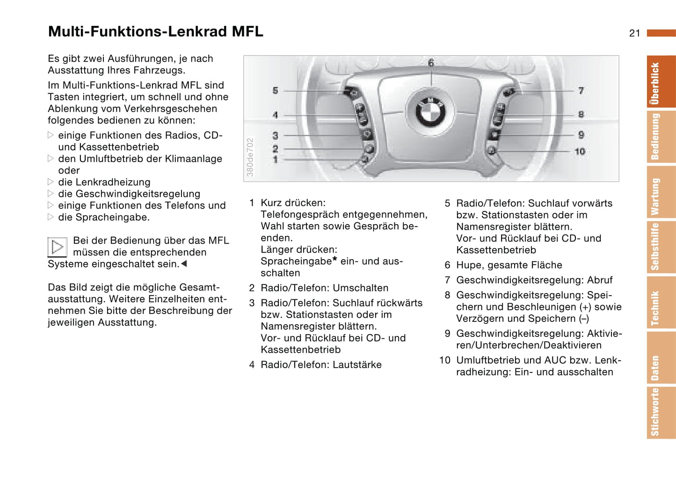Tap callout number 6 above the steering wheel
coord(431,63)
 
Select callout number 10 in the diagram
coord(580,151)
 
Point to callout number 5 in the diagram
coord(275,90)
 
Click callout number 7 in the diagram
coord(581,90)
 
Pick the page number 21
coord(634,33)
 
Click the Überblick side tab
coord(660,82)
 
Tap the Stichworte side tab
coord(660,412)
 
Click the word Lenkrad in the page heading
coord(198,31)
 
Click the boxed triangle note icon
coord(57,247)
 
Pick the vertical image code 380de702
coord(250,157)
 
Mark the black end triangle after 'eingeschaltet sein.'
coord(184,264)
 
